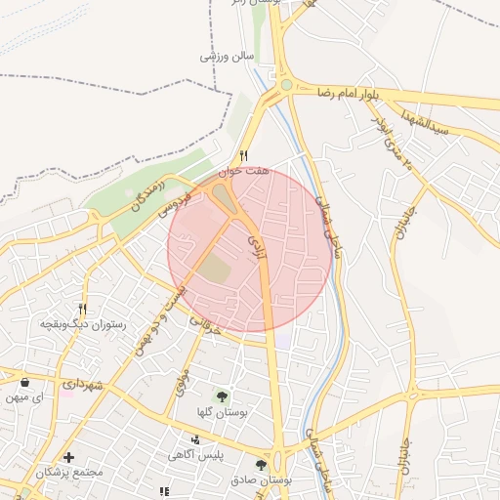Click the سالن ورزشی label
pyautogui.click(x=227, y=56)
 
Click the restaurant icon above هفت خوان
pyautogui.click(x=244, y=155)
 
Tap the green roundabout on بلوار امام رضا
pyautogui.click(x=287, y=85)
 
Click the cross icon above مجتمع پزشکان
pyautogui.click(x=68, y=457)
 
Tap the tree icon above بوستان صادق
pyautogui.click(x=261, y=465)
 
